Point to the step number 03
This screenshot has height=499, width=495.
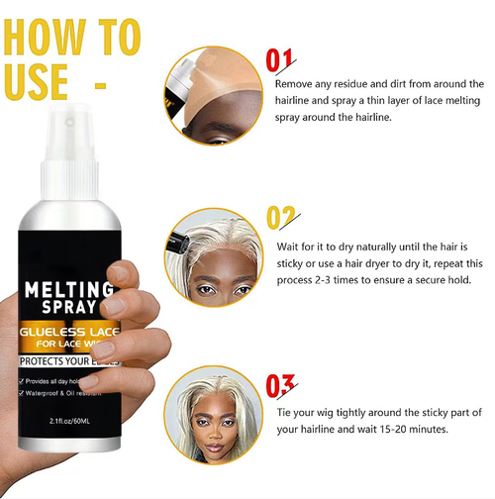[282, 382]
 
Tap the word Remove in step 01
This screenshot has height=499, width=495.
[294, 83]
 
